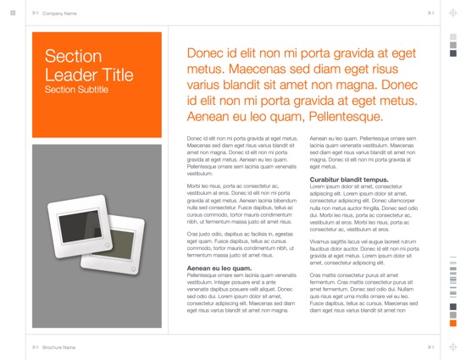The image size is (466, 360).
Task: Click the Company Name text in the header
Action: coord(59,14)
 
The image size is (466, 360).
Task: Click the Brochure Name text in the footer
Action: coord(59,347)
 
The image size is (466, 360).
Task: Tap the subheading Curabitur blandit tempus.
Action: coord(349,180)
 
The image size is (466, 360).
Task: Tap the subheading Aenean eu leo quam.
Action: coord(219,269)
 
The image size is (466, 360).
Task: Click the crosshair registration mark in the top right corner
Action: coord(453,14)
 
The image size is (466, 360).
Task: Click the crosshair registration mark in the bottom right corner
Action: coord(453,347)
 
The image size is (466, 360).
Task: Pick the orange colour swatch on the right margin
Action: coord(453,324)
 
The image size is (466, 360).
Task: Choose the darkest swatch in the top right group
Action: coord(453,53)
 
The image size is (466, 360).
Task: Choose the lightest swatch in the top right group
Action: coord(453,36)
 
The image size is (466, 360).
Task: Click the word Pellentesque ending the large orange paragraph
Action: coord(347,117)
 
